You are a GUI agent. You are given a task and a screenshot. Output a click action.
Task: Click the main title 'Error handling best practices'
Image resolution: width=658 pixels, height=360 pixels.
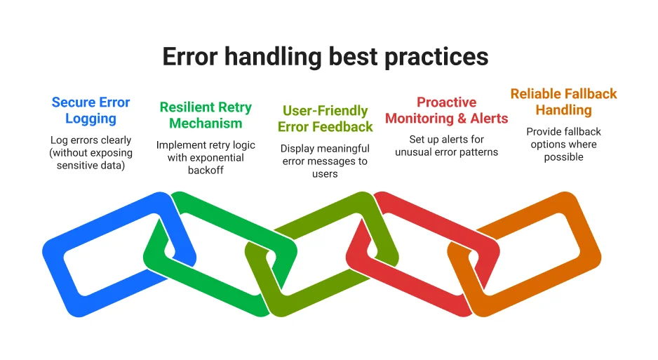[325, 57]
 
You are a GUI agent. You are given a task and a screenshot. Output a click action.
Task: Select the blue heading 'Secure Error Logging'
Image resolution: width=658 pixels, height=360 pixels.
[90, 110]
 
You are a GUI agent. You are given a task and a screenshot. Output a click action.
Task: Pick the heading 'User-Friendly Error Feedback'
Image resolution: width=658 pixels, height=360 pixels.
[325, 119]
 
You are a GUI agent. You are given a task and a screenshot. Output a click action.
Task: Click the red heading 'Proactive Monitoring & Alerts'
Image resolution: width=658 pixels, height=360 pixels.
[446, 110]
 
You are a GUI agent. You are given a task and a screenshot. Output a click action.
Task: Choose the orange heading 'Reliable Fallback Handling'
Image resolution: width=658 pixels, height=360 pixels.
[563, 102]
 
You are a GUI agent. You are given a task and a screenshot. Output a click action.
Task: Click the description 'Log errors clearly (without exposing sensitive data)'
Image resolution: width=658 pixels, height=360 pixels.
[90, 152]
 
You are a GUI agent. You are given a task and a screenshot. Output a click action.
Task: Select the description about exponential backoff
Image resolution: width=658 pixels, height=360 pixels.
[205, 157]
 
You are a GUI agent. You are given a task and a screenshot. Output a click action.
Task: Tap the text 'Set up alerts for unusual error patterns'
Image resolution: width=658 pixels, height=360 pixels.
[446, 146]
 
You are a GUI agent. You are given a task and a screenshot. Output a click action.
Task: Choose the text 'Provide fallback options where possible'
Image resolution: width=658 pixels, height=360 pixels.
[563, 144]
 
